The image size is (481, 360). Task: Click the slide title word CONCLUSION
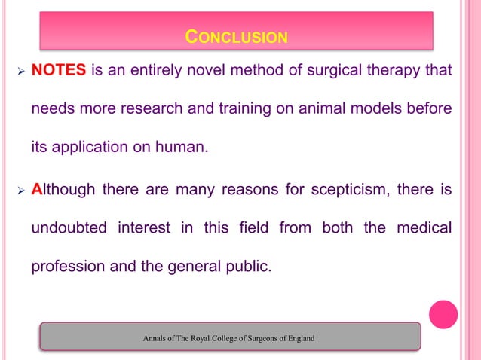[x=236, y=36]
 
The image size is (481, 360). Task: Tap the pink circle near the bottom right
[x=443, y=314]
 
